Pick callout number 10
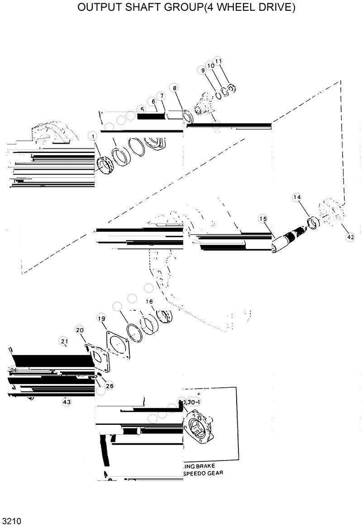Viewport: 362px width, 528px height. (x=210, y=66)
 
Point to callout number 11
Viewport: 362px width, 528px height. (x=218, y=61)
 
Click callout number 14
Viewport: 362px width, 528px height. (x=297, y=197)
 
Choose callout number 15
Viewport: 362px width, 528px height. (x=263, y=219)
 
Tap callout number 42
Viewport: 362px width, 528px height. (x=350, y=237)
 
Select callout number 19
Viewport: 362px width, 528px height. (x=101, y=319)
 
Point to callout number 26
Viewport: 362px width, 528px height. (x=109, y=386)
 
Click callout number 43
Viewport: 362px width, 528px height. (x=67, y=401)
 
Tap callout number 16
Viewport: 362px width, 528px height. (x=149, y=302)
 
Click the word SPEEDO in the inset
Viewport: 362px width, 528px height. (x=196, y=473)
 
